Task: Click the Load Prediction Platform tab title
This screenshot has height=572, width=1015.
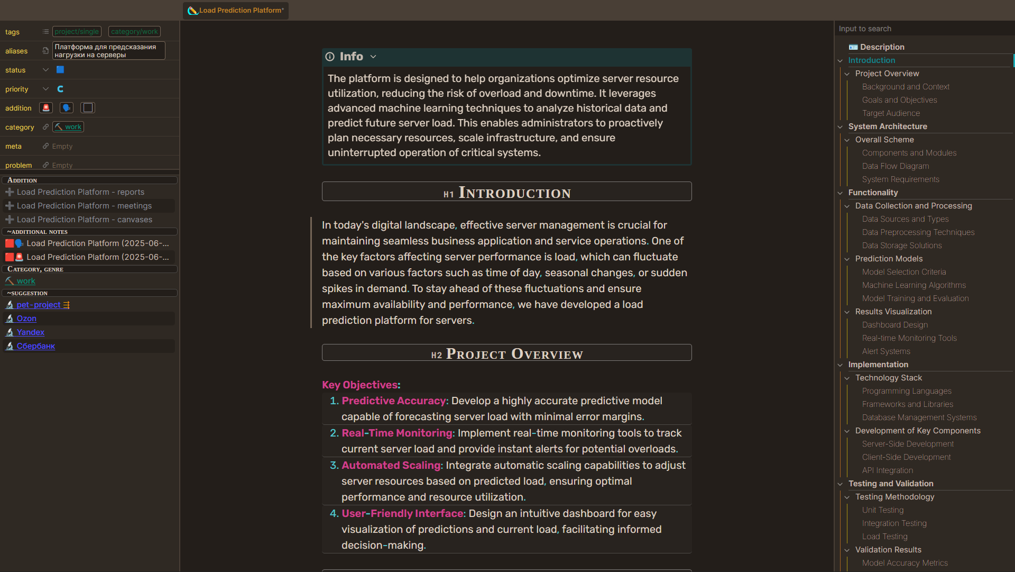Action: point(241,11)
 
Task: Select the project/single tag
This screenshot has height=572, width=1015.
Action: point(77,32)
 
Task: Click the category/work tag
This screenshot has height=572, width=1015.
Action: point(134,32)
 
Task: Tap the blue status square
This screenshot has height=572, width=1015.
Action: point(60,70)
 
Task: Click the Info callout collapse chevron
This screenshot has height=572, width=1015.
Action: point(373,57)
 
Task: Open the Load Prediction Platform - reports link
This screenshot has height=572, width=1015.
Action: point(80,192)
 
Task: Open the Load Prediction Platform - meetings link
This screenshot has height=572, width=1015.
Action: point(84,206)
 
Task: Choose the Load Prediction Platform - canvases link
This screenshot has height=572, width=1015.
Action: point(85,220)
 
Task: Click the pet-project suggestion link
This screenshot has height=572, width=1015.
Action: point(38,305)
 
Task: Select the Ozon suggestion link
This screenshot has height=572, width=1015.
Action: point(26,319)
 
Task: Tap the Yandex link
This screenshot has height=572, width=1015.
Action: point(30,332)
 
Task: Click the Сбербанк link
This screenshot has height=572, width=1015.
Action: point(35,346)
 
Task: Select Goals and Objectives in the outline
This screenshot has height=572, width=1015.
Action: point(899,100)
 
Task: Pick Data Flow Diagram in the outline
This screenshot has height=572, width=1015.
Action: point(895,166)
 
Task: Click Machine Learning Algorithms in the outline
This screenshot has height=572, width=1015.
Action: point(914,285)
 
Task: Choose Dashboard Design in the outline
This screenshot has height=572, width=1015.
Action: point(894,325)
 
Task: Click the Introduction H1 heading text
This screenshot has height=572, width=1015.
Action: point(514,193)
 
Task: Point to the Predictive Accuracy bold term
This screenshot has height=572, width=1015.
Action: point(394,401)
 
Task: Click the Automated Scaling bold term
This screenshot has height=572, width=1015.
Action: point(391,466)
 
